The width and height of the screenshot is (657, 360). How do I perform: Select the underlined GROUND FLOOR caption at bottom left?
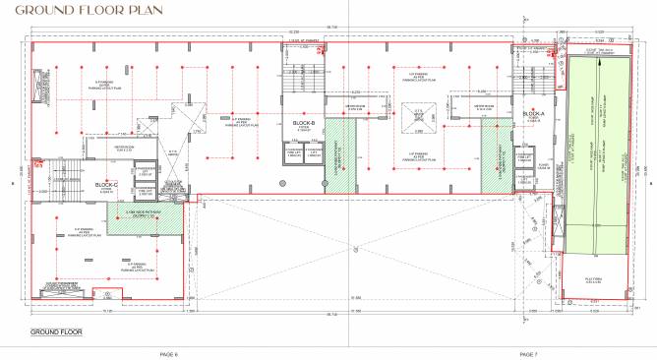[57, 332]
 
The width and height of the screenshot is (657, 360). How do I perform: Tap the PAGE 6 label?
[167, 352]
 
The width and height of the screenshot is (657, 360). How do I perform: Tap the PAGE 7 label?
[526, 352]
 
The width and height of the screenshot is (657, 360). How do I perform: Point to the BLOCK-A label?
[533, 115]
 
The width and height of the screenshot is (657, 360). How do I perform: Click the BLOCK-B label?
[303, 123]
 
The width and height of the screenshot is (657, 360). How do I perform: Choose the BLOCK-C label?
[106, 184]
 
